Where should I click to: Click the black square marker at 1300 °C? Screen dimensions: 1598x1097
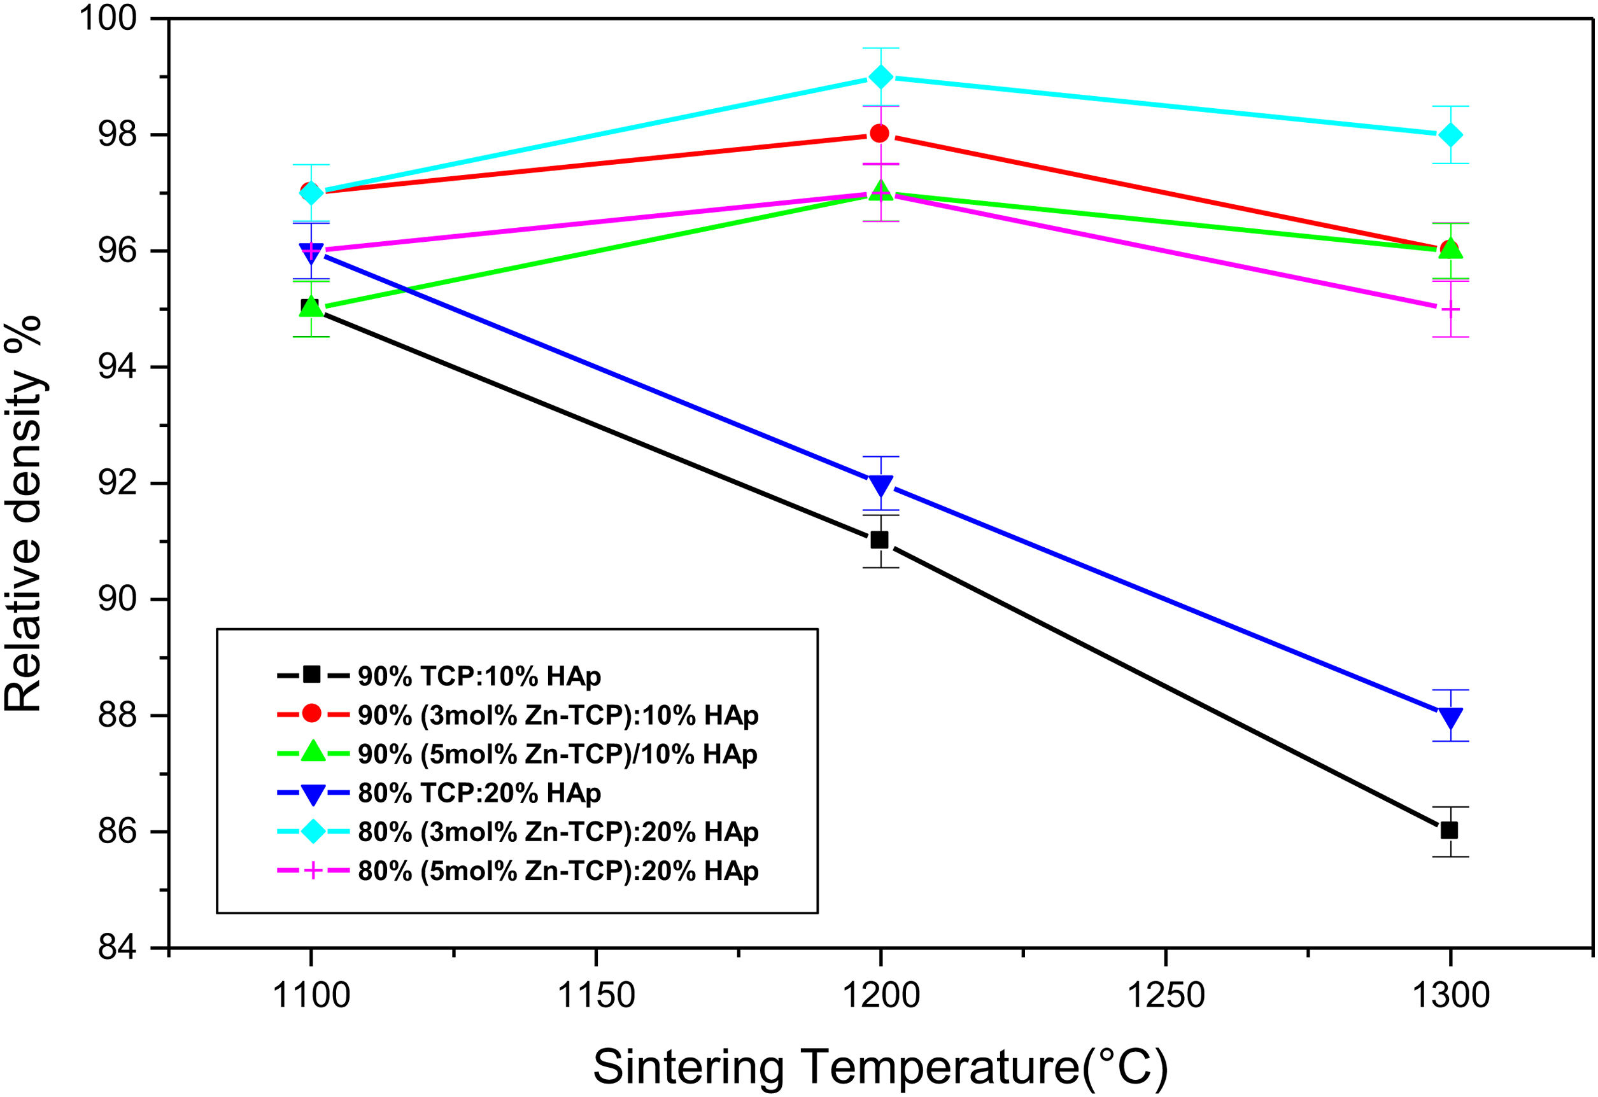coord(1450,830)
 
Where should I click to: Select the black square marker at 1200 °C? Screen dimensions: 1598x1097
coord(879,540)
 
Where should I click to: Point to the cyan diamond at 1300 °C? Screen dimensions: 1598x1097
coord(1450,135)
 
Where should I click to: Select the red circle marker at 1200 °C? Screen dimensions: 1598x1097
coord(879,134)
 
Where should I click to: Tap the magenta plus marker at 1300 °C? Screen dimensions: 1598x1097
coord(1450,309)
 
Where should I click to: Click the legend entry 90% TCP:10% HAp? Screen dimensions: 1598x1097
coord(479,677)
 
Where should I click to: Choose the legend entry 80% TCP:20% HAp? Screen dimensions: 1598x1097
coord(479,793)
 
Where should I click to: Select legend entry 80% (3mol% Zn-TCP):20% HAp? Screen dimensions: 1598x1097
coord(558,832)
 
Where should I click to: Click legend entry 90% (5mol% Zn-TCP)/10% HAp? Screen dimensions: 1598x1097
coord(558,755)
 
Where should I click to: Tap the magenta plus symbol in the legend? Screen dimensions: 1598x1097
coord(312,872)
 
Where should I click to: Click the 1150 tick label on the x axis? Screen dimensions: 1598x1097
coord(595,995)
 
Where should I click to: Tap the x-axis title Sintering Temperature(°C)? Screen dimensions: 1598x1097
coord(881,1068)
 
